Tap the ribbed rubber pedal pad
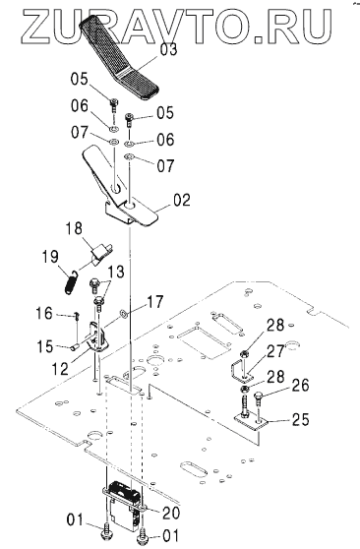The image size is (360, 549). pos(120,58)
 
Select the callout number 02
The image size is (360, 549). pos(181,200)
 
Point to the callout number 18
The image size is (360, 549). pos(74,228)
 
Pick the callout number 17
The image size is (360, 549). pos(154,301)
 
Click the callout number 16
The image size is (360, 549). pos(44,313)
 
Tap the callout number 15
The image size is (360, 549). pos(45,346)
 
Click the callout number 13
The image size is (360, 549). pos(116,272)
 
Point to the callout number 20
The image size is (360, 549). pos(171,513)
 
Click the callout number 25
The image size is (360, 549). pos(300,419)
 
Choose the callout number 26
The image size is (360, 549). pos(300,386)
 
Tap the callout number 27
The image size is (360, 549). pos(276,351)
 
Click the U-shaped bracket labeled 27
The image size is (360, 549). pos(241,373)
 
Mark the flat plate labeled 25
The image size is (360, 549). pos(250,421)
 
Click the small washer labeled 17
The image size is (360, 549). pos(124,313)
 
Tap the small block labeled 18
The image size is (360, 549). pos(101,254)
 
